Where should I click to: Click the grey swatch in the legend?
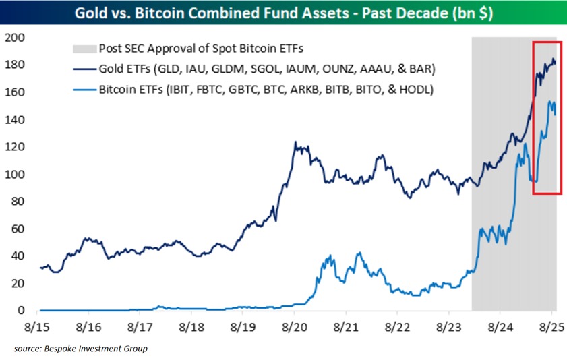click(84, 49)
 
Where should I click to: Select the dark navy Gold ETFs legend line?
click(84, 68)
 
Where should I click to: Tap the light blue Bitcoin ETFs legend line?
click(84, 88)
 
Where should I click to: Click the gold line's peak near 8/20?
click(295, 143)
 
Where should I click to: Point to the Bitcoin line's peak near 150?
click(551, 102)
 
